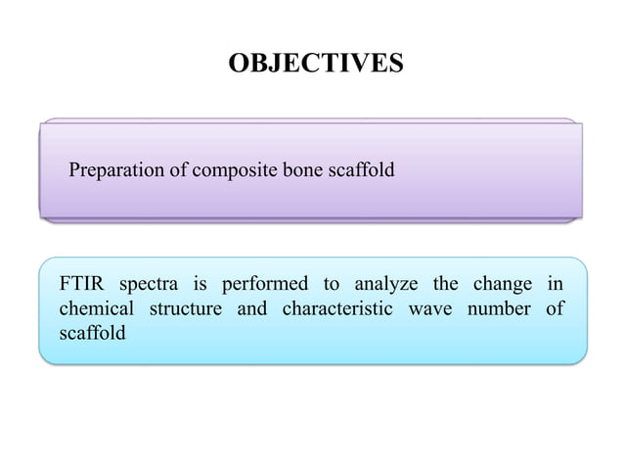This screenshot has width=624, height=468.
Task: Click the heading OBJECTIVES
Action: point(315,65)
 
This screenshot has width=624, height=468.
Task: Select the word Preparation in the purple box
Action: point(114,172)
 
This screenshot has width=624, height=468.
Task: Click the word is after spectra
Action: point(200,286)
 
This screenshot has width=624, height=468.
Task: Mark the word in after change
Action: point(553,286)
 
